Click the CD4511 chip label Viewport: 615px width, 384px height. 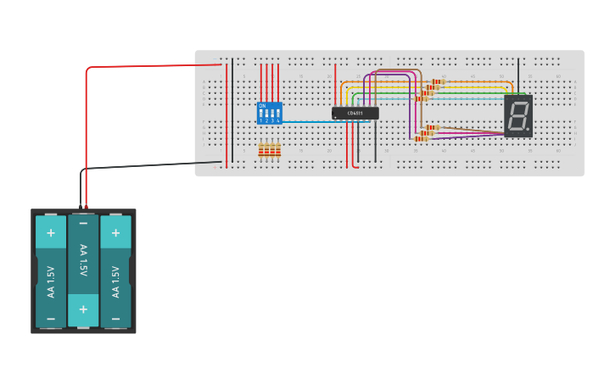point(355,113)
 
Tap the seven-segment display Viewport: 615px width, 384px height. point(518,116)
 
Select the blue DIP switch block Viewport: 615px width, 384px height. point(270,114)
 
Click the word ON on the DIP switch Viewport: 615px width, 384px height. point(262,106)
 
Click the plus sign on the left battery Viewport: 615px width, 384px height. point(50,232)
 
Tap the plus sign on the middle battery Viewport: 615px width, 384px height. point(83,309)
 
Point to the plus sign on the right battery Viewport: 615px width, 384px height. point(115,232)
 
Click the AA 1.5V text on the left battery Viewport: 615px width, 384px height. point(50,281)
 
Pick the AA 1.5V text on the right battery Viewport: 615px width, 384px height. point(115,281)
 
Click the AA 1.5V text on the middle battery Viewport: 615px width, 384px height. point(83,259)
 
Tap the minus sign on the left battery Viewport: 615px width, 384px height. point(50,319)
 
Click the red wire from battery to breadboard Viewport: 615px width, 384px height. point(86,127)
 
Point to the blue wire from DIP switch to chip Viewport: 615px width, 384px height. point(322,122)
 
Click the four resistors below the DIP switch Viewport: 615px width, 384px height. point(269,151)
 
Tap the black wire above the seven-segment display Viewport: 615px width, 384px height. point(518,75)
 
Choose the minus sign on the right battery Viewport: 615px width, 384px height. point(115,319)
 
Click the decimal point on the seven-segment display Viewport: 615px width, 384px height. point(528,129)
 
